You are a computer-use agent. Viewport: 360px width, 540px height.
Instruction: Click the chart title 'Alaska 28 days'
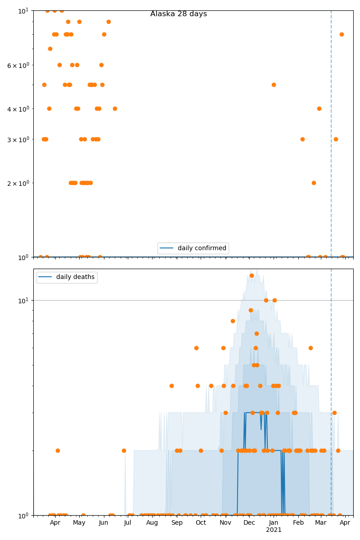[179, 14]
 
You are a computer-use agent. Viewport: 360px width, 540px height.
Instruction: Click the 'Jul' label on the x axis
[127, 523]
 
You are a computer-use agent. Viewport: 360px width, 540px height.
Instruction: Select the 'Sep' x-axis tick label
[177, 523]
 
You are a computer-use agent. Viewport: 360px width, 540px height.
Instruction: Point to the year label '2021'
[274, 530]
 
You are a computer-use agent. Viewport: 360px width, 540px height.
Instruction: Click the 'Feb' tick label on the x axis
[298, 523]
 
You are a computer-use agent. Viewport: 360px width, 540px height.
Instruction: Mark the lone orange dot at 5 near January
[274, 85]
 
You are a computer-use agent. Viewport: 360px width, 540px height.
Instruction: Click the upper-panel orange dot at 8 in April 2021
[342, 34]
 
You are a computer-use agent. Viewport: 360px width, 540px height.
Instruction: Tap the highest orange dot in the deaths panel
[252, 275]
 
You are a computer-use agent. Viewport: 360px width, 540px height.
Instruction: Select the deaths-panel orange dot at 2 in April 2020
[58, 450]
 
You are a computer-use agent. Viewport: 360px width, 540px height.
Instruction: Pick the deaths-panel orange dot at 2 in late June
[124, 450]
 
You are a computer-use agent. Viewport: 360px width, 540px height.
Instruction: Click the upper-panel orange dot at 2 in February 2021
[314, 183]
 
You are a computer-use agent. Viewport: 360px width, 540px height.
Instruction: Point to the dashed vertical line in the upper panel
[331, 135]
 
